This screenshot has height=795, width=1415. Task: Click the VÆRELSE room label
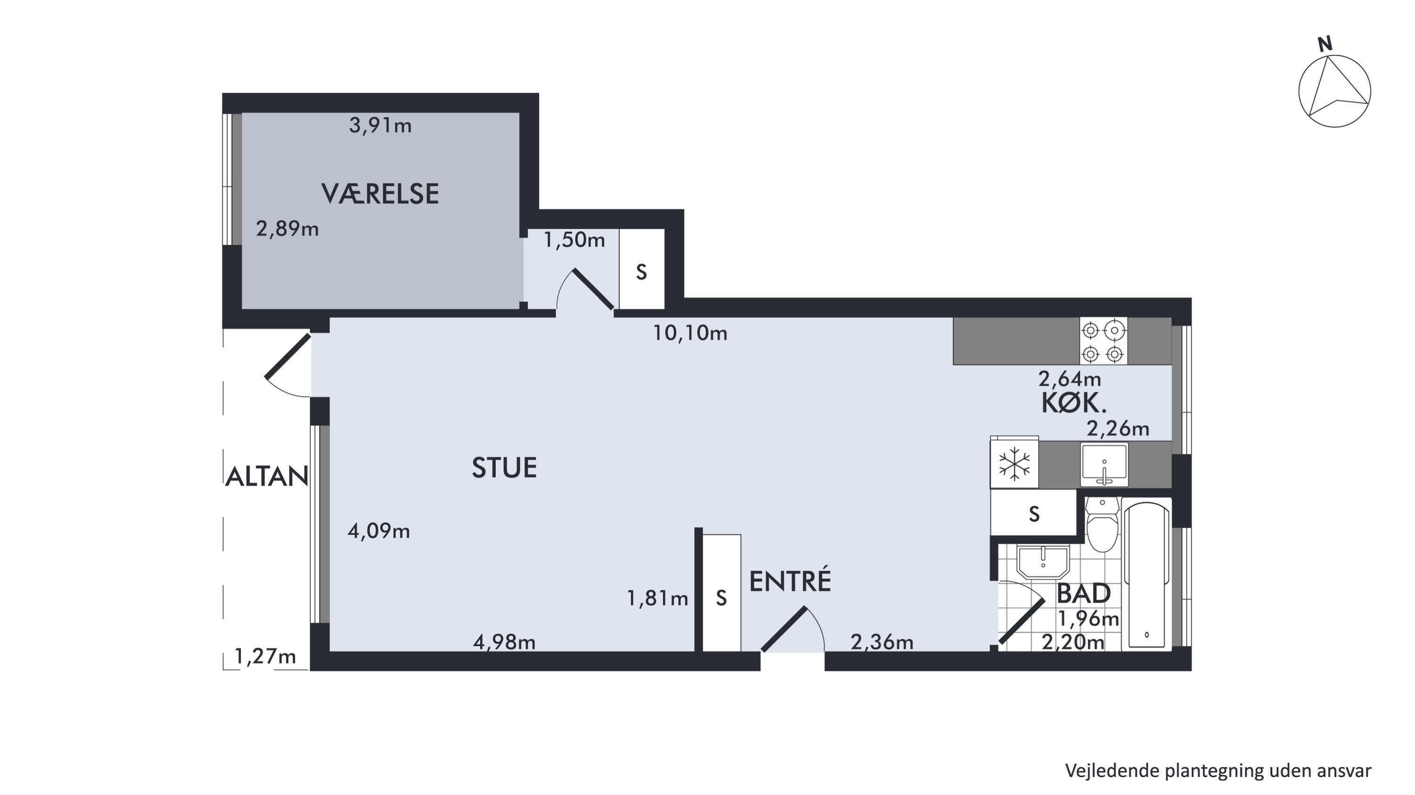coord(380,194)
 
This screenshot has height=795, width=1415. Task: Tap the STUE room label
coord(504,468)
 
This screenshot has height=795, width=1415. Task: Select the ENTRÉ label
coord(790,581)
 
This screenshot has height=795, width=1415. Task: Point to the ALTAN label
coord(266,476)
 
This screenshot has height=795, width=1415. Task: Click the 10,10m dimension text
coord(690,333)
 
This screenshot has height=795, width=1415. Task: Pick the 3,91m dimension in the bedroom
coord(380,126)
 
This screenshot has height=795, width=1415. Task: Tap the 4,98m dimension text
coord(504,642)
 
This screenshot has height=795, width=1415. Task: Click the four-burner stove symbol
coord(1103,341)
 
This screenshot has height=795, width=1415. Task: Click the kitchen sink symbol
coord(1104,464)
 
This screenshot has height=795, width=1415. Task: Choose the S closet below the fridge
coord(1033,513)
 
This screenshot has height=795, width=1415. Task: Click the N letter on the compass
coord(1325,44)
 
